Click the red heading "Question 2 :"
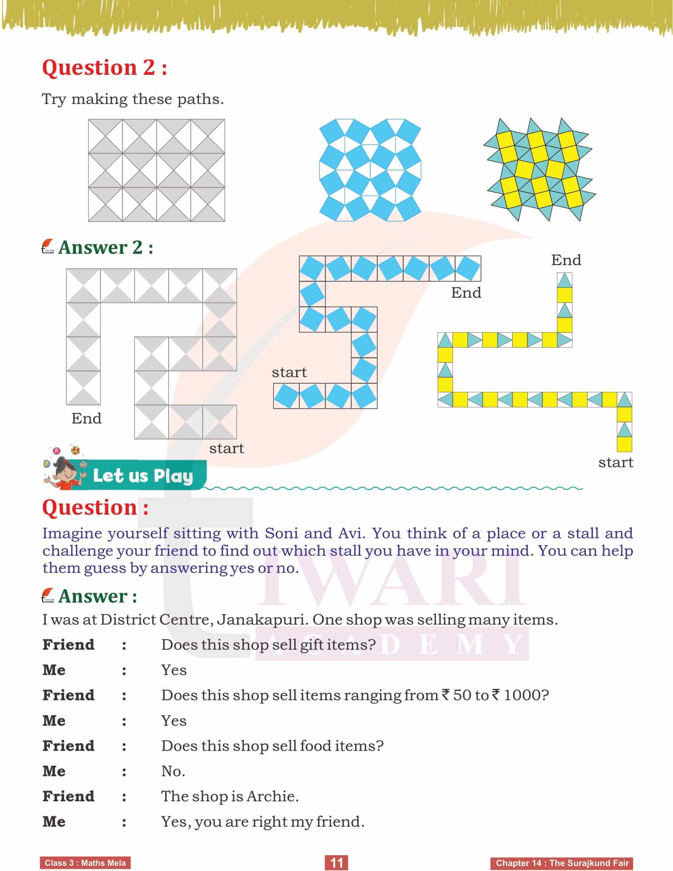click(x=105, y=67)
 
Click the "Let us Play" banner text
click(x=143, y=476)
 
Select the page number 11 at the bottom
click(x=336, y=863)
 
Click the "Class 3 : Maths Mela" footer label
click(x=85, y=863)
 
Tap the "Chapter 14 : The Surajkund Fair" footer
click(x=562, y=863)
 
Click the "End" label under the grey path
click(x=86, y=418)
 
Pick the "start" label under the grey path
click(x=226, y=448)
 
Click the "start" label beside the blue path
click(x=289, y=373)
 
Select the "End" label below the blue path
click(x=466, y=293)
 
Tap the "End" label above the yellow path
click(x=566, y=260)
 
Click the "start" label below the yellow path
click(x=615, y=462)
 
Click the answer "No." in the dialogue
click(x=173, y=771)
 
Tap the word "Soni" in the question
click(x=281, y=533)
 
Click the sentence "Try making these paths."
click(x=133, y=99)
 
